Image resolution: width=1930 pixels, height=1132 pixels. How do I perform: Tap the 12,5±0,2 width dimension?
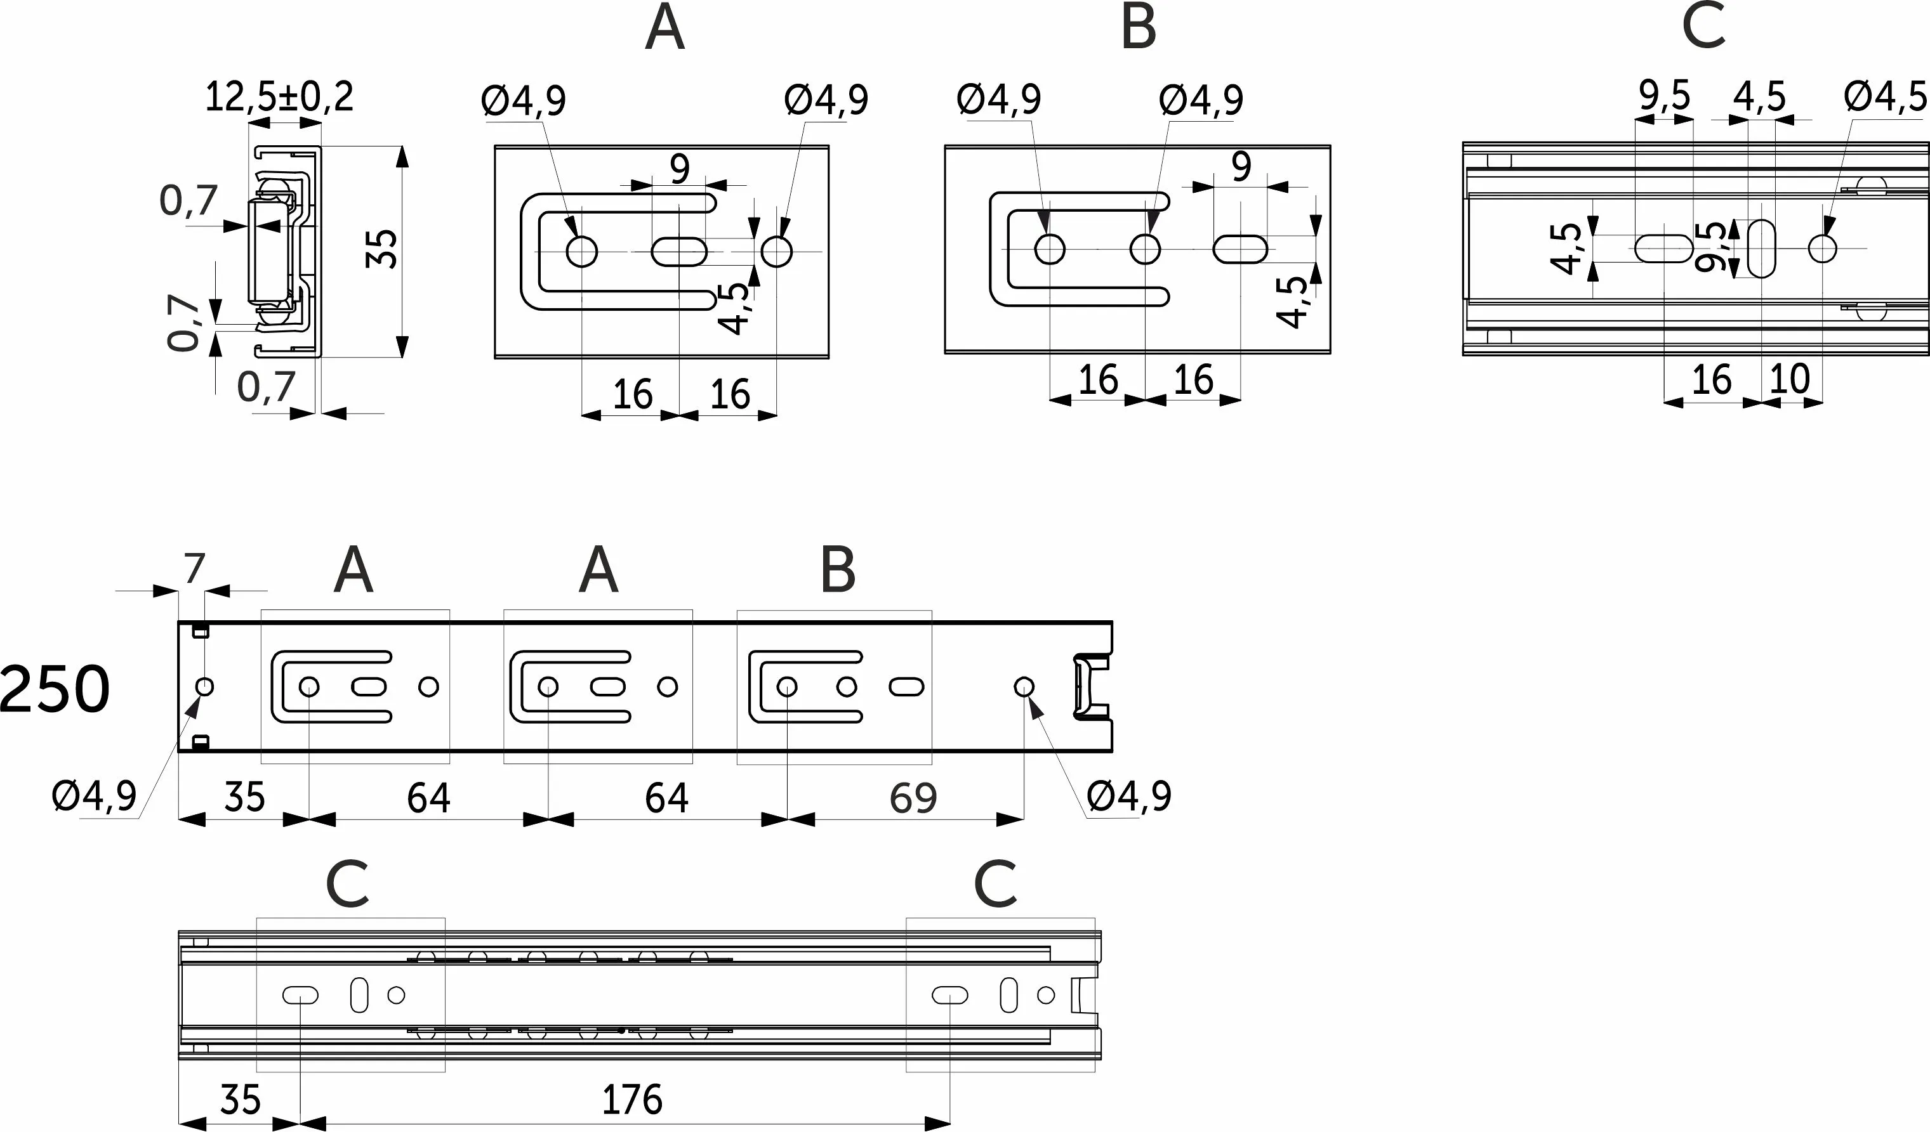coord(279,97)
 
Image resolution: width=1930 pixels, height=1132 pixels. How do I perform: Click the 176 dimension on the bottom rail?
coord(632,1100)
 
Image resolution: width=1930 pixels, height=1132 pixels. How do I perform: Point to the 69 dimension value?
coord(913,798)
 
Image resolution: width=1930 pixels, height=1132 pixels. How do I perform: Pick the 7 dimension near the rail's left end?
coord(195,569)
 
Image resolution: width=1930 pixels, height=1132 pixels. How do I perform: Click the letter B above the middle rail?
coord(837,571)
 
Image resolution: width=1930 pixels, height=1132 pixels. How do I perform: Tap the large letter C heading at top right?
coord(1703,27)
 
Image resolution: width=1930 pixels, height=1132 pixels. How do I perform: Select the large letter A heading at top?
coord(664,29)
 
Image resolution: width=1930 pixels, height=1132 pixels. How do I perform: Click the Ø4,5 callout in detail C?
coord(1885,97)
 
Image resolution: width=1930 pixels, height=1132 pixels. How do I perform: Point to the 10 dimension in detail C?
coord(1790,378)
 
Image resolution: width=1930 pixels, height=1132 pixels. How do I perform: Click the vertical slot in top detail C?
coord(1762,249)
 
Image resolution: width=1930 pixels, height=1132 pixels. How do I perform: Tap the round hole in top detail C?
coord(1822,249)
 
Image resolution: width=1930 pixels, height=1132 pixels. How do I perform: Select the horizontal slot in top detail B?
coord(1240,249)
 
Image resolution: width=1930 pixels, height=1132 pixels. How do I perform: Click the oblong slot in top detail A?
coord(679,251)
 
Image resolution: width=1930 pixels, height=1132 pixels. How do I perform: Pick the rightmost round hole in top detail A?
coord(777,251)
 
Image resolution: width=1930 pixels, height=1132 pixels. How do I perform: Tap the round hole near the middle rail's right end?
coord(1024,687)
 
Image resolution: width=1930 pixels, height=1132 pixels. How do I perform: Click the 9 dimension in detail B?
coord(1241,167)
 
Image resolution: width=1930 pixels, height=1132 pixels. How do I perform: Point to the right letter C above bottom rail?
coord(995,884)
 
